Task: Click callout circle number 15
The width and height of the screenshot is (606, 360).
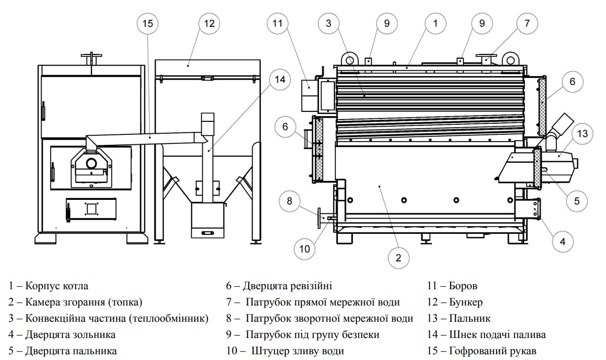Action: pyautogui.click(x=148, y=23)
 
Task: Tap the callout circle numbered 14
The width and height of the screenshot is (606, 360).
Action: pyautogui.click(x=280, y=81)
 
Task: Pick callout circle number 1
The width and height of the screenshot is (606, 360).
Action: pyautogui.click(x=435, y=23)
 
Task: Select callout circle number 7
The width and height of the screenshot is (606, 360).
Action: pyautogui.click(x=527, y=23)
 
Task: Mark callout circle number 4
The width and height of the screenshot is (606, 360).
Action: pyautogui.click(x=563, y=241)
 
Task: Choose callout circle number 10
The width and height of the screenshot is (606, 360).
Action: pyautogui.click(x=305, y=248)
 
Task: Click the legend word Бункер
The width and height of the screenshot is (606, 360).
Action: pyautogui.click(x=466, y=302)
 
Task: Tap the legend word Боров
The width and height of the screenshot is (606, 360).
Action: pyautogui.click(x=463, y=286)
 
